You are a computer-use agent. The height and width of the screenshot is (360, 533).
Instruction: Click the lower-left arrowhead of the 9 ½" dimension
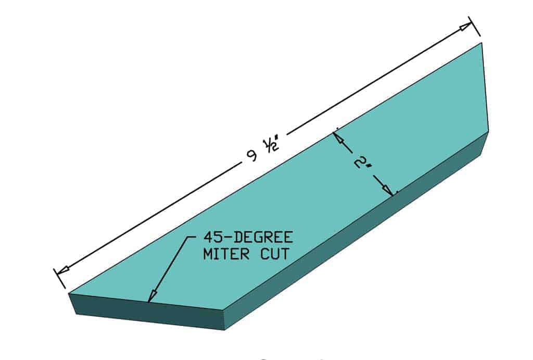[63, 270]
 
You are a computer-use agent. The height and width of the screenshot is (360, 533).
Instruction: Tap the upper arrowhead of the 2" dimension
[337, 136]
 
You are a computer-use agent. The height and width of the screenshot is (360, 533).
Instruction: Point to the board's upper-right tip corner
[482, 44]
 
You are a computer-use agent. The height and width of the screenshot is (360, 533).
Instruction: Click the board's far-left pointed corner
[69, 294]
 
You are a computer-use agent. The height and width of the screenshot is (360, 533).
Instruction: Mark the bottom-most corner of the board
[224, 330]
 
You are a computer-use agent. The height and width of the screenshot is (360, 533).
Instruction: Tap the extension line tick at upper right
[474, 27]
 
